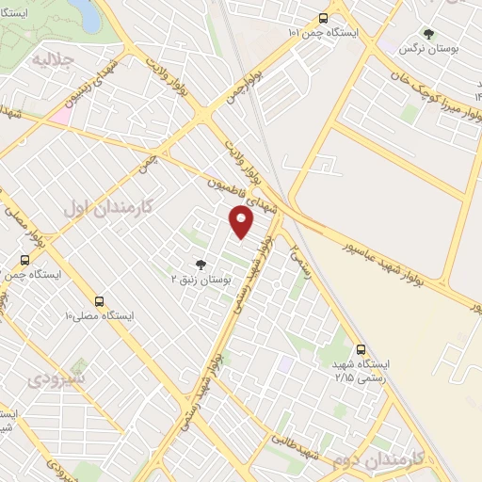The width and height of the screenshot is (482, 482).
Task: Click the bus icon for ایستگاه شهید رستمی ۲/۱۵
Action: click(x=361, y=348)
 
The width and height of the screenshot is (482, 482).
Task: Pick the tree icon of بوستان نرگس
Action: click(x=429, y=33)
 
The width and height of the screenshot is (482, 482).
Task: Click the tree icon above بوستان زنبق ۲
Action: click(x=199, y=265)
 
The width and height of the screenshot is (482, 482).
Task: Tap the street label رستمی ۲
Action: click(x=300, y=241)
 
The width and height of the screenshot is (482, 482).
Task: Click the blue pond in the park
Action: click(x=84, y=10)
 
